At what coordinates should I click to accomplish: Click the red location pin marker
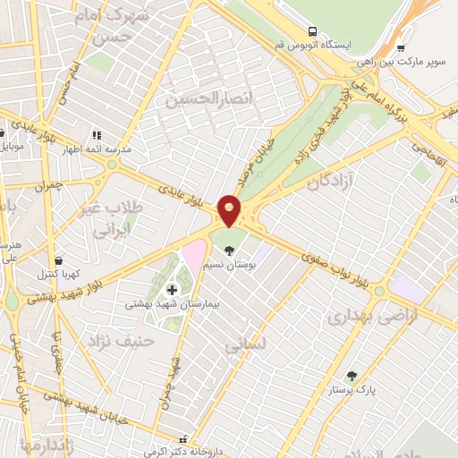pyautogui.click(x=230, y=209)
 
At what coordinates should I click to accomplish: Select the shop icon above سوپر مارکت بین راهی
pyautogui.click(x=400, y=49)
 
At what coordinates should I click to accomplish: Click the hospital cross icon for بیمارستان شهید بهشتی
pyautogui.click(x=172, y=289)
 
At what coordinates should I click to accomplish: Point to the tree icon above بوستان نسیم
pyautogui.click(x=231, y=250)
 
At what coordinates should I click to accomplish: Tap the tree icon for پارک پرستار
pyautogui.click(x=350, y=377)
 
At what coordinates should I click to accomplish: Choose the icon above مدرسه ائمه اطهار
pyautogui.click(x=96, y=135)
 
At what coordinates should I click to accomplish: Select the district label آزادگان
pyautogui.click(x=332, y=182)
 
